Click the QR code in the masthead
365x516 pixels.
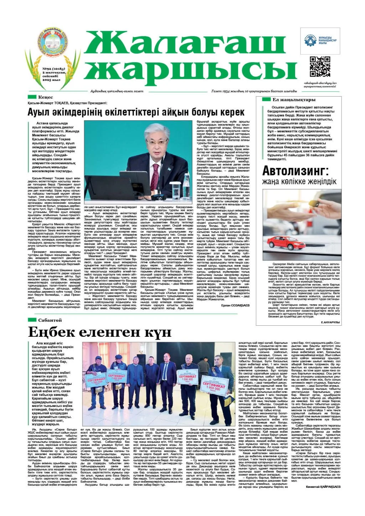pos(320,67)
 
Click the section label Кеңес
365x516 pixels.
pos(45,97)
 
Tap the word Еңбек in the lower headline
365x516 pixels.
pos(51,332)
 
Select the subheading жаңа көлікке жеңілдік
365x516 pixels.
pos(299,182)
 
